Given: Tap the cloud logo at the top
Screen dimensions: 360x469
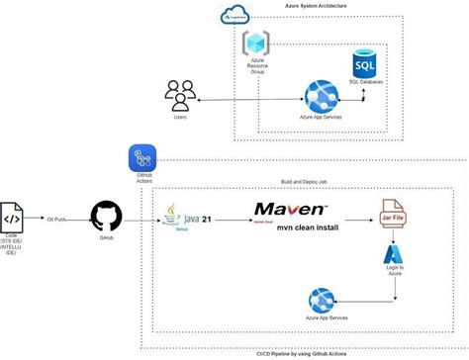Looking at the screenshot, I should coord(235,14).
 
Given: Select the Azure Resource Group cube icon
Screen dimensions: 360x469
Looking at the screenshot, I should coord(256,45).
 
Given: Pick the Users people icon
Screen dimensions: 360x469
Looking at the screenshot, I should coord(180,96).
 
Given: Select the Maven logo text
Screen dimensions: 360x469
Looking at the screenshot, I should coord(290,210).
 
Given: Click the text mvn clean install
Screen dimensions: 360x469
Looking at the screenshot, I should coord(291,227).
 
